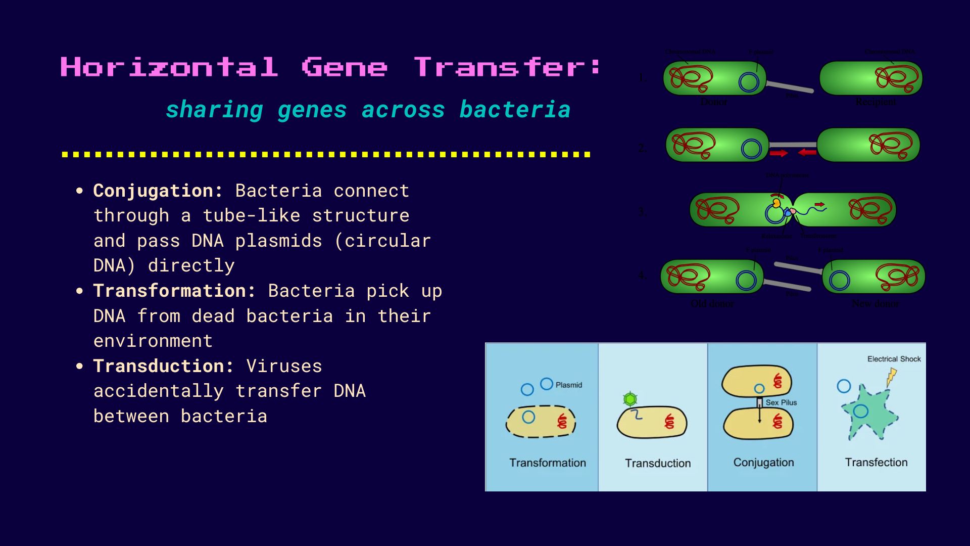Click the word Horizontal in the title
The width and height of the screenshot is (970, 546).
[169, 67]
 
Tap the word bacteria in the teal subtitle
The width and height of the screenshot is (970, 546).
[515, 110]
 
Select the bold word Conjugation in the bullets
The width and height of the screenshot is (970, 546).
[158, 191]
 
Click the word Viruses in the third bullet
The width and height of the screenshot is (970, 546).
[284, 366]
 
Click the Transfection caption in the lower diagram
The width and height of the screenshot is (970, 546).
[876, 462]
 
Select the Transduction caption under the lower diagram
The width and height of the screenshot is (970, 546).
[657, 463]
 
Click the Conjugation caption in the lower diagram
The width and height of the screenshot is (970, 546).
[763, 462]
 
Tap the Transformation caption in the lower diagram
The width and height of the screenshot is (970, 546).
[548, 463]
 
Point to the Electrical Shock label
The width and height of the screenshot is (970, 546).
[894, 359]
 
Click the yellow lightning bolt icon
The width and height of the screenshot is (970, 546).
[892, 377]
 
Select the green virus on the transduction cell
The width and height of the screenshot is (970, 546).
[629, 399]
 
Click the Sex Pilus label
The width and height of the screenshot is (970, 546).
[781, 402]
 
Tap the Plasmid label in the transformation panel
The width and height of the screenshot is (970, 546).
[569, 385]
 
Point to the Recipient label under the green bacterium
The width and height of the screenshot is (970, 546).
[876, 102]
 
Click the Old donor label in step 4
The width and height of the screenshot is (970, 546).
[712, 303]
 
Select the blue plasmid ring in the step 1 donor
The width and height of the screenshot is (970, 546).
[749, 82]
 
